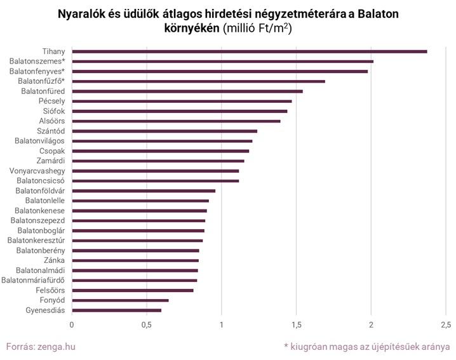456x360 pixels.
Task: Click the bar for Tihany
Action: (249, 51)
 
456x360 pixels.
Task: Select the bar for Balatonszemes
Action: (222, 61)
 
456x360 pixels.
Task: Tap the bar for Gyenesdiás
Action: (116, 310)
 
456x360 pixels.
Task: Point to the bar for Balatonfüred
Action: (187, 91)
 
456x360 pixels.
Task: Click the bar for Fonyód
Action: (120, 300)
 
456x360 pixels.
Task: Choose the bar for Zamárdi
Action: (158, 161)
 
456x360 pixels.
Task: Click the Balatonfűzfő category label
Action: (41, 81)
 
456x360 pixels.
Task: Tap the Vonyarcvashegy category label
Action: (37, 171)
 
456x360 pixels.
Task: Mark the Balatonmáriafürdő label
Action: (33, 280)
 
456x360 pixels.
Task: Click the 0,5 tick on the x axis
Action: (147, 325)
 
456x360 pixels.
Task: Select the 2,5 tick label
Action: (446, 325)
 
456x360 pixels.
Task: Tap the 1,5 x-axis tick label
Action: (296, 325)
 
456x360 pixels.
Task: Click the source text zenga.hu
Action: (58, 347)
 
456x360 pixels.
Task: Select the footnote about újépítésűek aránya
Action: (367, 347)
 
